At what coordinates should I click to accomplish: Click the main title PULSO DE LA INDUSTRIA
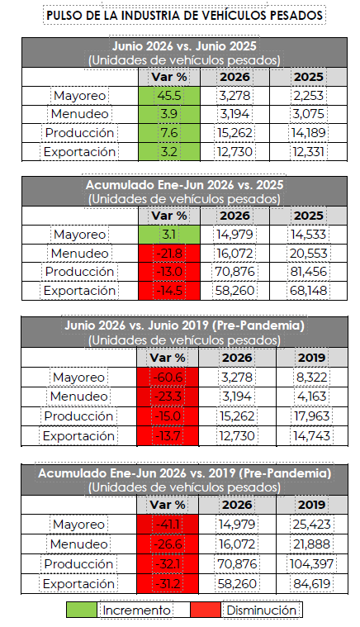coord(184,15)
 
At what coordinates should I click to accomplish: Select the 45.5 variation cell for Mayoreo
coord(169,96)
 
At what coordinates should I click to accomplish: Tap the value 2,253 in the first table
coord(308,96)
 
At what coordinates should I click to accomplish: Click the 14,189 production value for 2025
coord(308,133)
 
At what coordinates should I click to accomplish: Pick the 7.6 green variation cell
coord(169,133)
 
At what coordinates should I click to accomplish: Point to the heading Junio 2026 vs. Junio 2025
coord(184,45)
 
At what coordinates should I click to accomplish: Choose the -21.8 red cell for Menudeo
coord(169,253)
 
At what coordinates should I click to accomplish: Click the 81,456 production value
coord(308,272)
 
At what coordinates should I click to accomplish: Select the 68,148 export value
coord(308,290)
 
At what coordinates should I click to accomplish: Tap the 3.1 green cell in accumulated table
coord(169,235)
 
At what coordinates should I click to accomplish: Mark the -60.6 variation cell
coord(168,377)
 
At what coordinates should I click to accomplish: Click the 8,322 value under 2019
coord(311,377)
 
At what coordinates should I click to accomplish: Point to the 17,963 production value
coord(311,416)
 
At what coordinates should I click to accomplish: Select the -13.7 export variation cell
coord(168,435)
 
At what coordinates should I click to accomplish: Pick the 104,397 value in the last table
coord(310,564)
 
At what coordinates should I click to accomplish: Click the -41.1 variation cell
coord(168,525)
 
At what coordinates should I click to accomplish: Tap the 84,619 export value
coord(311,583)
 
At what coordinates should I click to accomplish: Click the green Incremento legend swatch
coord(82,610)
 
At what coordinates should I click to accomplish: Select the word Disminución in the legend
coord(262,610)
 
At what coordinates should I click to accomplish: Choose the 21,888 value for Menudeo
coord(311,544)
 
